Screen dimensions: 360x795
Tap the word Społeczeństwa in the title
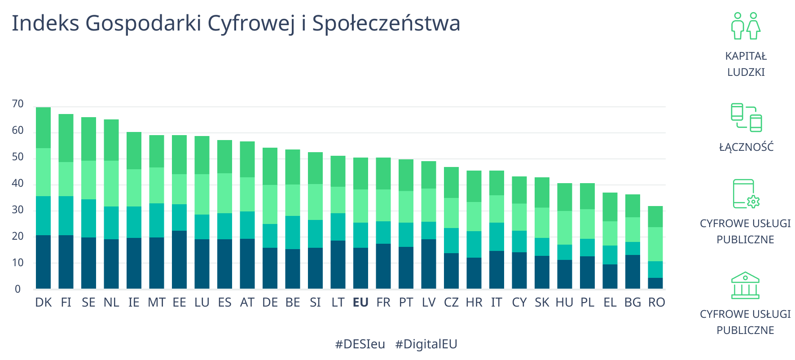click(386, 23)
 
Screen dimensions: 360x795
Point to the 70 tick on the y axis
click(18, 104)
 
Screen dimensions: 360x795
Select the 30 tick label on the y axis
click(18, 210)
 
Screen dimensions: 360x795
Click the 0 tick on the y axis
click(18, 289)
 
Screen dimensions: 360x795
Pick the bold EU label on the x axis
click(360, 303)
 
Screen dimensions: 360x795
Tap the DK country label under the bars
click(44, 303)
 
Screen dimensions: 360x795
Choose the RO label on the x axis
click(656, 303)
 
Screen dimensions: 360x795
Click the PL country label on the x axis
click(587, 303)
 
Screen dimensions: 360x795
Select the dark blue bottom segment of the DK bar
click(44, 262)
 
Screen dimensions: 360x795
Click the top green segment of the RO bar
click(655, 216)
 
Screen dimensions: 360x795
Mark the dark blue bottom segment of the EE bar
click(180, 259)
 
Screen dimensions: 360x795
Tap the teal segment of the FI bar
click(66, 215)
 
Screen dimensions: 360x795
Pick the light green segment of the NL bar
click(111, 184)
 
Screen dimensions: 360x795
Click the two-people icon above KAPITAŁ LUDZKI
click(746, 26)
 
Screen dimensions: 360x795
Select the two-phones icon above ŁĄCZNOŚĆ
click(746, 118)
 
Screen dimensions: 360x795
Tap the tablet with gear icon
click(746, 194)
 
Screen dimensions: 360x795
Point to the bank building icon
click(745, 285)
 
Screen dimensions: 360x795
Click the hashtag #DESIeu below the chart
click(360, 344)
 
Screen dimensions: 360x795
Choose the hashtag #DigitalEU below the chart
click(426, 344)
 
